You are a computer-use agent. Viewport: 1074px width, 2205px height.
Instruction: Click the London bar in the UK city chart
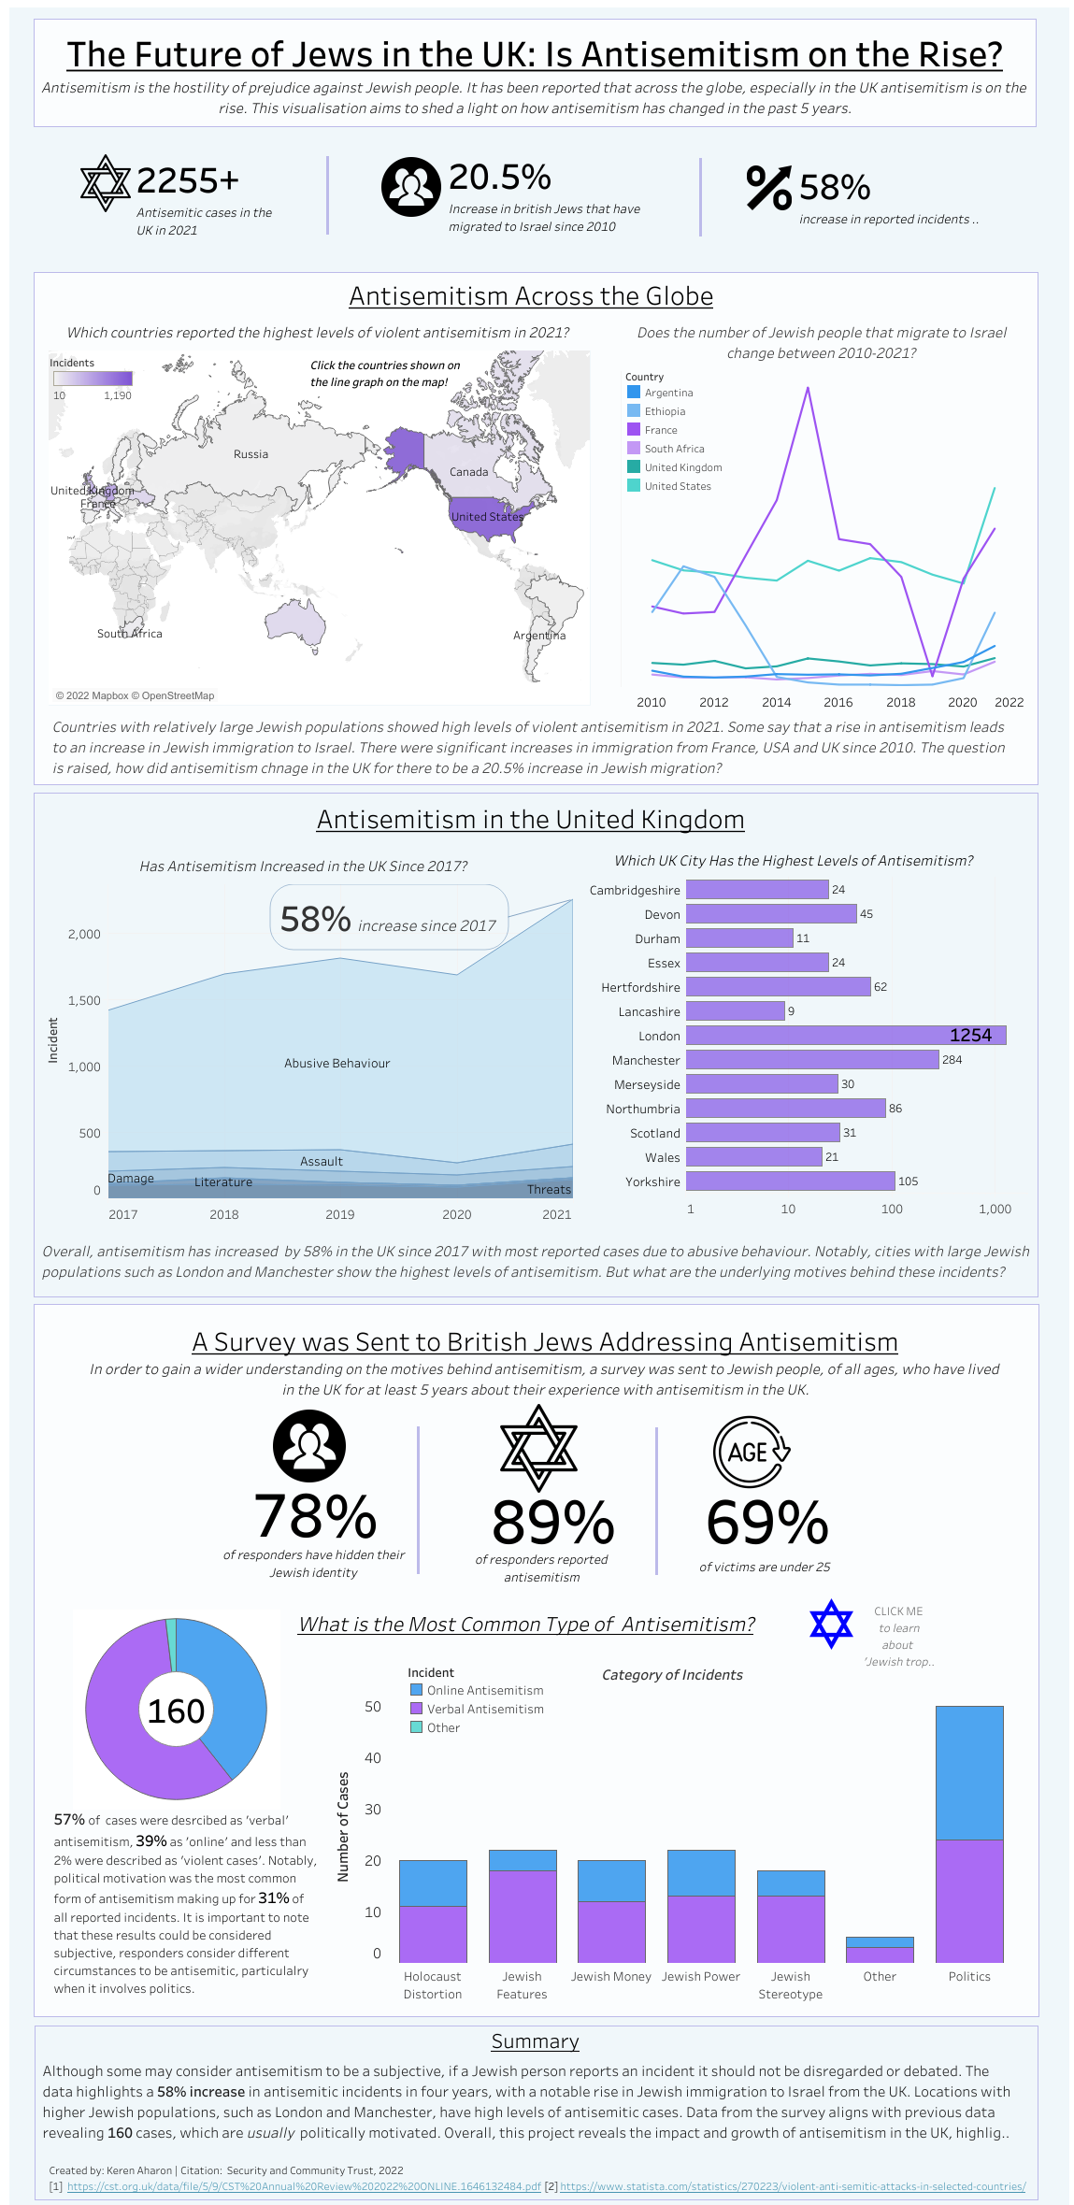click(x=845, y=1036)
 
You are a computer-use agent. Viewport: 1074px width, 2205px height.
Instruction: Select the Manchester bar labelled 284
click(x=811, y=1060)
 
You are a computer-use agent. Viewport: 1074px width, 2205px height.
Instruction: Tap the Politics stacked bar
click(x=969, y=1833)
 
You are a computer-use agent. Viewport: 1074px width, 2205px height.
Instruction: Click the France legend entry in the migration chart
click(x=660, y=430)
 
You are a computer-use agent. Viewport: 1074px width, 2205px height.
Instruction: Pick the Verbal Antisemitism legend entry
click(x=484, y=1709)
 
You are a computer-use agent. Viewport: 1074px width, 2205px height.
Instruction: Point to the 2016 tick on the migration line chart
click(x=838, y=703)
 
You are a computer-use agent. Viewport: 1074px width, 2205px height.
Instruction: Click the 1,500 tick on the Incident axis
click(x=84, y=1000)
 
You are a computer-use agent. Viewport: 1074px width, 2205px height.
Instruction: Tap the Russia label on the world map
click(x=251, y=454)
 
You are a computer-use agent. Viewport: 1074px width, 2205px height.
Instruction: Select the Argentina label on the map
click(x=539, y=636)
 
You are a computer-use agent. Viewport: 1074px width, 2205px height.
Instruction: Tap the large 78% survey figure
click(x=315, y=1516)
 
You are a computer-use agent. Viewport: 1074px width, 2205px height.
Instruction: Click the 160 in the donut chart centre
click(x=176, y=1711)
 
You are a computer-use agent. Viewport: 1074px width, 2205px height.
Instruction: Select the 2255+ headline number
click(x=188, y=180)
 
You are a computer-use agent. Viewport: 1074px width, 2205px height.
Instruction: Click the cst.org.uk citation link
click(x=304, y=2186)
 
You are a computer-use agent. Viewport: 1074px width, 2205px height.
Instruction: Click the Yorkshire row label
click(x=652, y=1182)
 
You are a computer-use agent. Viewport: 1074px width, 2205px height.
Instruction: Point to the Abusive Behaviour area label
click(x=337, y=1064)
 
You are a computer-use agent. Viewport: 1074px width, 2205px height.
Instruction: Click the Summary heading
click(x=535, y=2041)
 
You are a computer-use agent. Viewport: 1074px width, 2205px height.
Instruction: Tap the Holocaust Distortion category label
click(x=432, y=1985)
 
